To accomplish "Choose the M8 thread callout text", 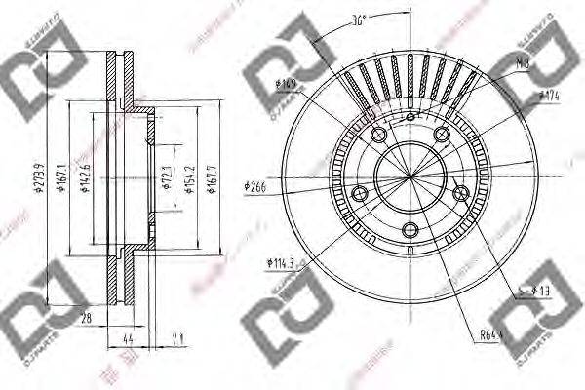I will click(x=525, y=63).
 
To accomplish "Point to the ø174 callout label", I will click(x=549, y=96).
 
